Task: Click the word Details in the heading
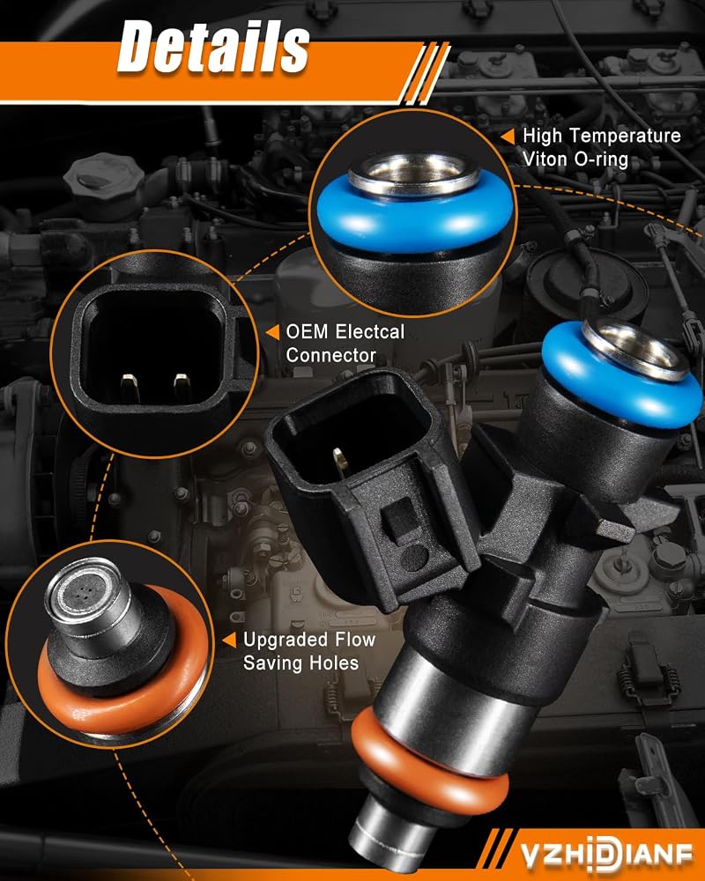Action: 213,48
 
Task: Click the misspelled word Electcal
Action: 369,331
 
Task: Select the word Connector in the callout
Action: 330,355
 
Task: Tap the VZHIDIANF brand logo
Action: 605,855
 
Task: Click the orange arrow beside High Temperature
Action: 508,137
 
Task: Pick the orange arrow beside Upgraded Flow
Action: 229,640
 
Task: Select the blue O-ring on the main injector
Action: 621,382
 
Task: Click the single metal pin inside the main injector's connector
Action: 339,463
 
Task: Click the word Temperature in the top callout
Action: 628,136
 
